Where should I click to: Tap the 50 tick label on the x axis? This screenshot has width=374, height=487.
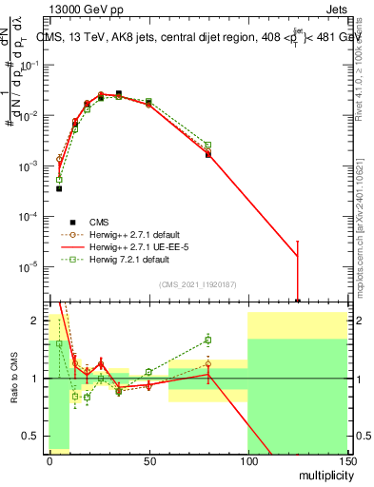[x=148, y=460]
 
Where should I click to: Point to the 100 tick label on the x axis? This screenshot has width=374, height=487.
[x=247, y=460]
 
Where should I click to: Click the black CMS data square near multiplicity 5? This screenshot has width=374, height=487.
[x=59, y=188]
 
